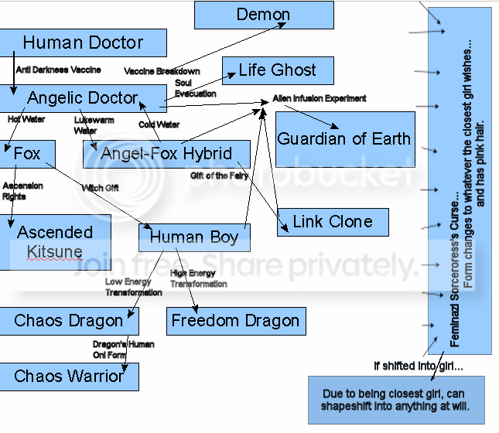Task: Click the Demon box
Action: [263, 15]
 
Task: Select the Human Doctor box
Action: [83, 43]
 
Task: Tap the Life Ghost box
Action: [277, 70]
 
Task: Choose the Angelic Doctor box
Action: [82, 98]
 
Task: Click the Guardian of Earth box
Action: [344, 139]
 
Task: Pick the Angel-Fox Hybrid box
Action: [166, 154]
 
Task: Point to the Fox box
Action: [27, 154]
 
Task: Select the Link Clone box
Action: [332, 222]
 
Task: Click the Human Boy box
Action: [193, 237]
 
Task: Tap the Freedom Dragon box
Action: [235, 321]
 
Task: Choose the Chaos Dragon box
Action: [68, 321]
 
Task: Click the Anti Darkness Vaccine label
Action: [59, 70]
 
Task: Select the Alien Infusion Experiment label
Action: [320, 99]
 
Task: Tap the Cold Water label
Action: [159, 124]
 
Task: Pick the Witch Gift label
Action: [101, 188]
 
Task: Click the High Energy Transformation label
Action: [199, 278]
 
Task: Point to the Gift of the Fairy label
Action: [220, 176]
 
